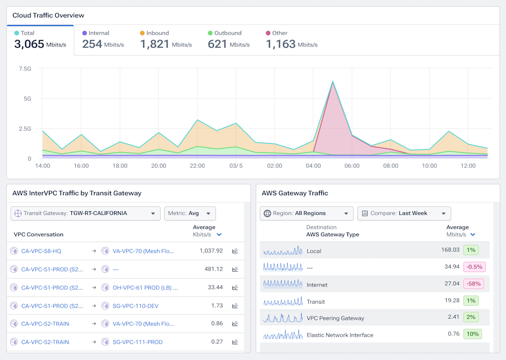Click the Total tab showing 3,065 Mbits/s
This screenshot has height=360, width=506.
coord(40,40)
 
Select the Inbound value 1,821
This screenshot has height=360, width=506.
coord(154,44)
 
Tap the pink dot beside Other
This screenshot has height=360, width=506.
coord(268,33)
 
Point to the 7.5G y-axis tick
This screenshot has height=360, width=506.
coord(25,69)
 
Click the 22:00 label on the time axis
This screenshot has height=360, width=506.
coord(197,166)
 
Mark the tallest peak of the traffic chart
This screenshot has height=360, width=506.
coord(333,82)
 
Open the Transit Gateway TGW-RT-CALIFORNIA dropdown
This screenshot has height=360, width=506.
coord(86,213)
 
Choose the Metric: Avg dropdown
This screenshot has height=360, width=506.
coord(190,213)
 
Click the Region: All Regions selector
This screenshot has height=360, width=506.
coord(307,213)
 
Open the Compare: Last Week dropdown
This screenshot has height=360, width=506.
coord(404,213)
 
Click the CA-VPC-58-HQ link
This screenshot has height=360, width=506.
coord(41,251)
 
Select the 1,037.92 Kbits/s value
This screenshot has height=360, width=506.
coord(211,251)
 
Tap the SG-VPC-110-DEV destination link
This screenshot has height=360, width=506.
coord(135,306)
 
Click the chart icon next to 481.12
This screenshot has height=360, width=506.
coord(235,269)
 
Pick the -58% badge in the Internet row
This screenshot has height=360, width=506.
coord(473,284)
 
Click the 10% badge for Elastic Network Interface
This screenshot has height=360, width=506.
coord(472,334)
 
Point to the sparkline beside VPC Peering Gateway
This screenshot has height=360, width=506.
coord(283,318)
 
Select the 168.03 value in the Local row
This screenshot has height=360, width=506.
coord(450,249)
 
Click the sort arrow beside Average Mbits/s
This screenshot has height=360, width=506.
coord(473,234)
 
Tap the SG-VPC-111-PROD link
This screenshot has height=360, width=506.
coord(137,342)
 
